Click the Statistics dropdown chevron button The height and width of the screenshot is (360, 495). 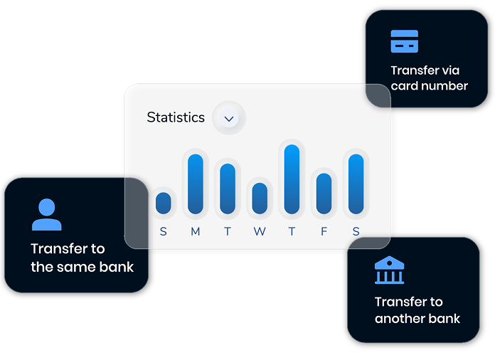coord(229,118)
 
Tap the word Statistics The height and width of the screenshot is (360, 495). coord(176,117)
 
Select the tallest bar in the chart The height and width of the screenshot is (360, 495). coord(292,179)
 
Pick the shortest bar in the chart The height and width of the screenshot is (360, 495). coord(163,203)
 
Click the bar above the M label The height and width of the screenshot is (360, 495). coord(196,184)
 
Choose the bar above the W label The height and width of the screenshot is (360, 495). coord(260,198)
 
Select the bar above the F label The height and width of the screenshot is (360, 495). coord(324,194)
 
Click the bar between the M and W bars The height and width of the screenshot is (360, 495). coord(228,189)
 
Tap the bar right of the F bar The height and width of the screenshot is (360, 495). coord(356,184)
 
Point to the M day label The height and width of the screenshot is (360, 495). coord(196,231)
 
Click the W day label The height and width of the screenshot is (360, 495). coord(260,231)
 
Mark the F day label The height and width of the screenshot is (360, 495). coord(324,231)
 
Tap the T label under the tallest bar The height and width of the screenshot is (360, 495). coord(292,231)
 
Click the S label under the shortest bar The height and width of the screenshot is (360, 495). coord(163,231)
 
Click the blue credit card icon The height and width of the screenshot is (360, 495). coord(405,41)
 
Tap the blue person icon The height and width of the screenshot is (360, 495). coord(47,214)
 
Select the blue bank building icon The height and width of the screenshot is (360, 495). coord(389,270)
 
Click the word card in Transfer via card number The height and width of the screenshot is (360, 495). coord(405,86)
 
